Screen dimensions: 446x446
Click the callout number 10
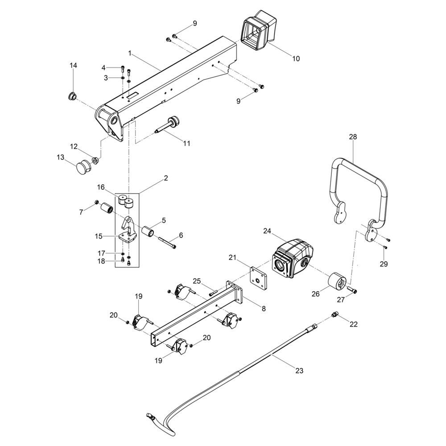pyautogui.click(x=296, y=58)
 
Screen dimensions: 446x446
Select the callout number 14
pyautogui.click(x=74, y=66)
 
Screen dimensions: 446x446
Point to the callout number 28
pyautogui.click(x=353, y=137)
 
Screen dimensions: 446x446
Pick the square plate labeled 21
pyautogui.click(x=259, y=278)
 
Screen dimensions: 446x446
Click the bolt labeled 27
pyautogui.click(x=352, y=290)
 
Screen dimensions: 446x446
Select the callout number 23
pyautogui.click(x=299, y=371)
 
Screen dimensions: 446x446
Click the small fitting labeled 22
pyautogui.click(x=334, y=314)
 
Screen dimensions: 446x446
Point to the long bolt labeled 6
pyautogui.click(x=167, y=243)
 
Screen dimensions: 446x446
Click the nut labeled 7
pyautogui.click(x=96, y=202)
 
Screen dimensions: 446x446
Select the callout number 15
pyautogui.click(x=99, y=236)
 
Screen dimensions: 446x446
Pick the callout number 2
pyautogui.click(x=166, y=178)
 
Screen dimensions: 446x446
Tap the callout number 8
pyautogui.click(x=264, y=308)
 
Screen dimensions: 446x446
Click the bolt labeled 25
pyautogui.click(x=213, y=293)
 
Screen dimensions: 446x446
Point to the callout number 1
pyautogui.click(x=130, y=53)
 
